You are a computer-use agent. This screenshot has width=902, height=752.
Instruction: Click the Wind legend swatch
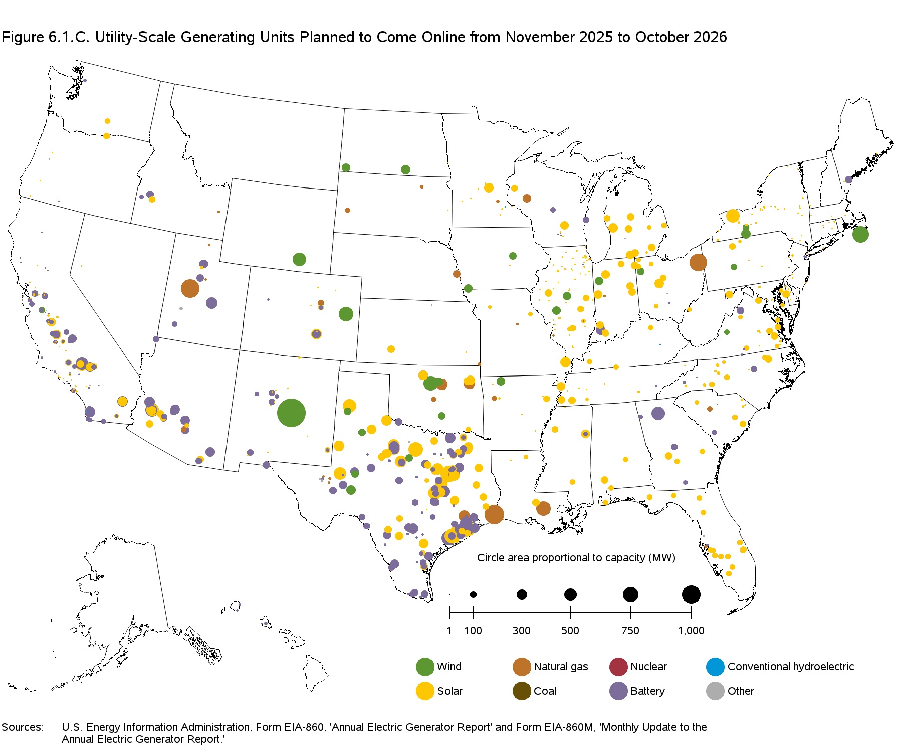[x=425, y=667]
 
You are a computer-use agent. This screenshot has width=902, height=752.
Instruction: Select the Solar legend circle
[x=425, y=691]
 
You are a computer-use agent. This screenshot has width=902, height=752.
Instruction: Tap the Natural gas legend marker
[x=522, y=667]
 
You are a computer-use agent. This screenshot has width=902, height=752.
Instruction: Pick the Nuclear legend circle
[x=618, y=667]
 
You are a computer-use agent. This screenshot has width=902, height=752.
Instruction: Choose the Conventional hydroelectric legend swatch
[x=715, y=667]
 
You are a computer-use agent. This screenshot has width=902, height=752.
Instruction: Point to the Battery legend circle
[x=618, y=691]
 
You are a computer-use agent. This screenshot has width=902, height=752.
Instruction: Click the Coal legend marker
[x=522, y=691]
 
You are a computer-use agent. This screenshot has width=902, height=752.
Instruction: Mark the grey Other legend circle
[x=715, y=691]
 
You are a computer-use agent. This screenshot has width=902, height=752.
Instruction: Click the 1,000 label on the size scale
[x=691, y=631]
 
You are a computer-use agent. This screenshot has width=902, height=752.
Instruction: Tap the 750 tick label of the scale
[x=630, y=631]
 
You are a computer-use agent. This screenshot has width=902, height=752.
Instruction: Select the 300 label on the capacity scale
[x=521, y=631]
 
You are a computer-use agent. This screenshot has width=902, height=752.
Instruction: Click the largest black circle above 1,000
[x=691, y=594]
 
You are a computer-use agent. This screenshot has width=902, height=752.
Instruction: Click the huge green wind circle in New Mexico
[x=291, y=413]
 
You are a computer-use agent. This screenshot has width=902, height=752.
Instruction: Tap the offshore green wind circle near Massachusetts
[x=860, y=234]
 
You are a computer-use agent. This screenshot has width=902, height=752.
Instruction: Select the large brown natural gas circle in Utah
[x=190, y=288]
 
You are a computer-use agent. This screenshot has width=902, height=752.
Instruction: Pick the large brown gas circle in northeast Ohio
[x=698, y=262]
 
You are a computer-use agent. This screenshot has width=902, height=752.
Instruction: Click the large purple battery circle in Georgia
[x=658, y=413]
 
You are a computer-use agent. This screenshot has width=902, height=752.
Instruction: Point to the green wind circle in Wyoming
[x=299, y=259]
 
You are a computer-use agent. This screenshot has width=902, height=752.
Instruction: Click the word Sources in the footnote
[x=22, y=727]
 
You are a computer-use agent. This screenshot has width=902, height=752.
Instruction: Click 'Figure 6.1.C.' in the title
[x=45, y=37]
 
